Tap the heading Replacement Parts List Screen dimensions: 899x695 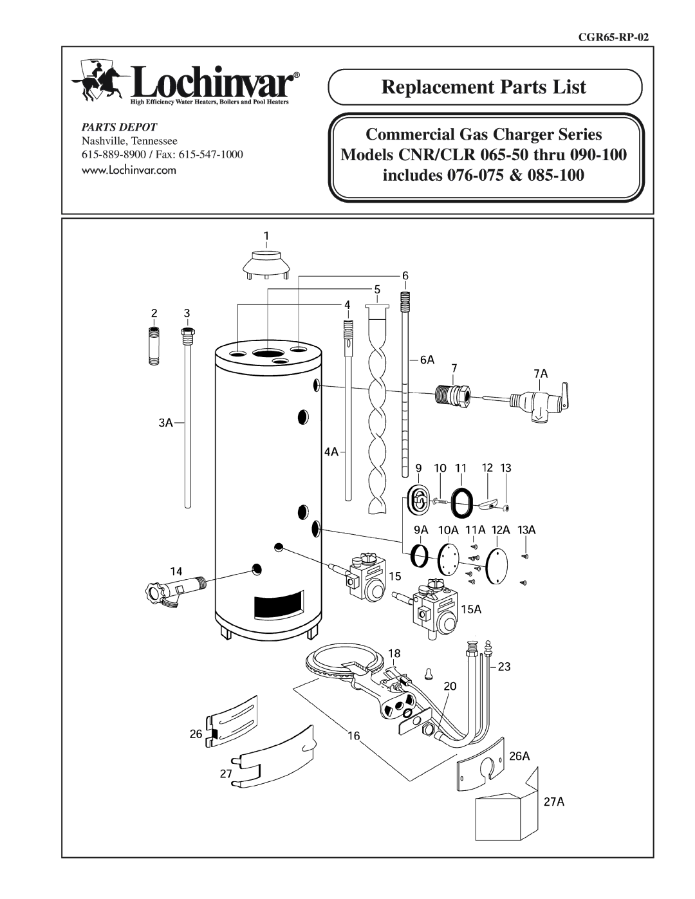(484, 87)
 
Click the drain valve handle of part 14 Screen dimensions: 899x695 (158, 591)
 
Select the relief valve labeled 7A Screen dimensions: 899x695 (534, 401)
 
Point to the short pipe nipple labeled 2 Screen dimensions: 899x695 (155, 348)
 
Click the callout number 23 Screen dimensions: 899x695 (503, 667)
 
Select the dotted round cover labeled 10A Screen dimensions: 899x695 (448, 557)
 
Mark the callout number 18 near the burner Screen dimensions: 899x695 (394, 653)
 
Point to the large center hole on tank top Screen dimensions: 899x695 (266, 353)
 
